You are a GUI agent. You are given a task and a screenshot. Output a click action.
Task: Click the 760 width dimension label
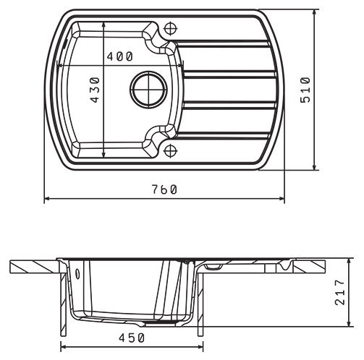click(x=164, y=189)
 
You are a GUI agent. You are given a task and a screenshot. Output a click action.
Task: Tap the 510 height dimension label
click(x=305, y=90)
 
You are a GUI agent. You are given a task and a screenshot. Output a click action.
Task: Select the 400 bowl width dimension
click(x=120, y=56)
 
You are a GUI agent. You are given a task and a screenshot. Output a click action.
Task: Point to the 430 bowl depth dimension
click(x=96, y=90)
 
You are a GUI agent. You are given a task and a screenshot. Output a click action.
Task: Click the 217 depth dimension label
click(x=340, y=292)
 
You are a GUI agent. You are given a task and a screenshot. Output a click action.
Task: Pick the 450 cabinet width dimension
click(x=132, y=338)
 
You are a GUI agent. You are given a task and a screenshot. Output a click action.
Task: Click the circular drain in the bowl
click(x=148, y=90)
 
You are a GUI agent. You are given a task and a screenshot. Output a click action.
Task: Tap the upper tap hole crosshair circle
click(x=171, y=29)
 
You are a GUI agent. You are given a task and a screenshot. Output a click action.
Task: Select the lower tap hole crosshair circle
click(x=171, y=151)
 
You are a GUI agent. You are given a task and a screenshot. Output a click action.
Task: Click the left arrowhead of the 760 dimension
click(x=47, y=199)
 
